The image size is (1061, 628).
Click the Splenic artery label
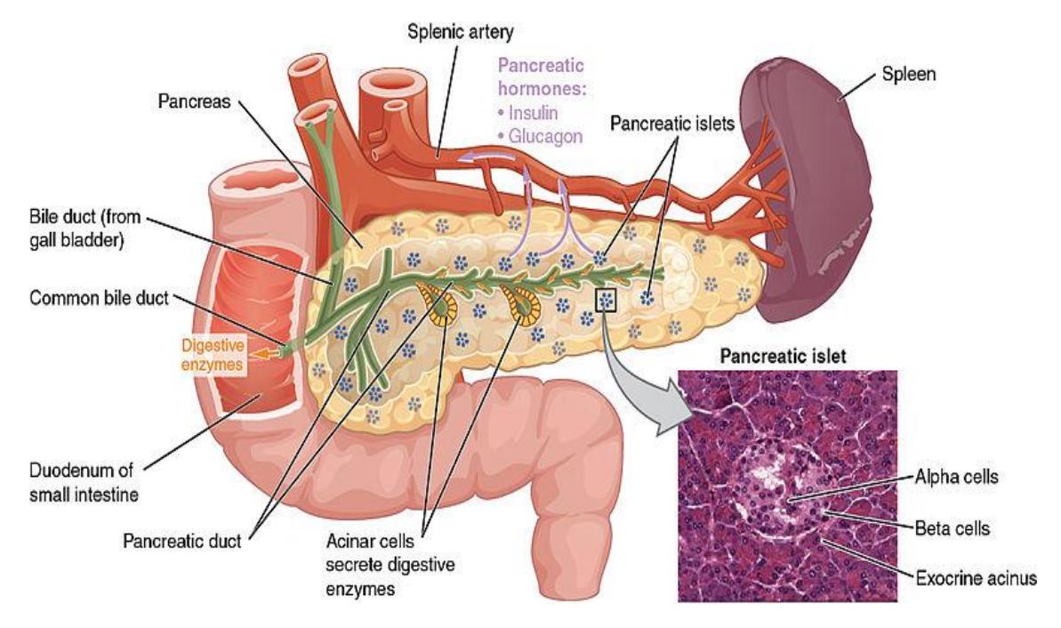tap(460, 31)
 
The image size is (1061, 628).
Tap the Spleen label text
tap(908, 74)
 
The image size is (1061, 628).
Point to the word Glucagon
tap(545, 136)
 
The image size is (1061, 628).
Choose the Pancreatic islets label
tap(672, 123)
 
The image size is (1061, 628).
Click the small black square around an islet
tap(607, 301)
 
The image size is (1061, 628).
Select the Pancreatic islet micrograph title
tap(783, 356)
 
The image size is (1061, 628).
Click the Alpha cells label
tap(956, 477)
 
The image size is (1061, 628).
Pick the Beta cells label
tap(952, 527)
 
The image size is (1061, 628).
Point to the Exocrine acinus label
tap(976, 578)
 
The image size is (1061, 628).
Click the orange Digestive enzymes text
tap(212, 355)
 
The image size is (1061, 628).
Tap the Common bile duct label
tap(99, 298)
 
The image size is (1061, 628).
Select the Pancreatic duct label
tap(181, 541)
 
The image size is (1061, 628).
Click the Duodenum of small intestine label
tap(84, 482)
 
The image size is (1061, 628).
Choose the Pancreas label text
tap(194, 101)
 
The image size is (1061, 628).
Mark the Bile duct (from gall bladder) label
tap(84, 229)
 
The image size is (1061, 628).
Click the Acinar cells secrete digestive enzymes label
tap(390, 564)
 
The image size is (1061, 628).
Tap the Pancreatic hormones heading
tap(542, 77)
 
